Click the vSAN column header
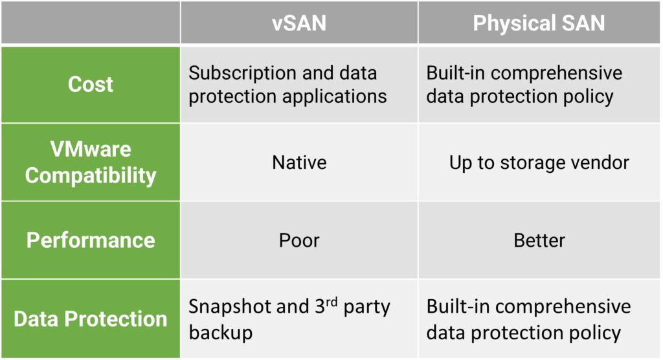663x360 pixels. (299, 23)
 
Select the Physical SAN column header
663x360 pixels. (539, 23)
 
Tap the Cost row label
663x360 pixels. (91, 84)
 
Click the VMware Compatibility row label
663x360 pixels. (91, 162)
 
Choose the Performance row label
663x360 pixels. (91, 240)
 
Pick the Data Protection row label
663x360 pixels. (91, 319)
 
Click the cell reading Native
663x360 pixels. (299, 163)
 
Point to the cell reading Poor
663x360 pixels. (299, 240)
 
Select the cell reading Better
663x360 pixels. (539, 240)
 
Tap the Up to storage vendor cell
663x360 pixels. (539, 163)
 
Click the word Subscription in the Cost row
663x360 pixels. (242, 73)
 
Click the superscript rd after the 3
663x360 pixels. (331, 302)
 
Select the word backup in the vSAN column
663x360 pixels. (220, 333)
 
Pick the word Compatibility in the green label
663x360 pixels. (91, 175)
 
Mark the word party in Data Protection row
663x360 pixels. (366, 307)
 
